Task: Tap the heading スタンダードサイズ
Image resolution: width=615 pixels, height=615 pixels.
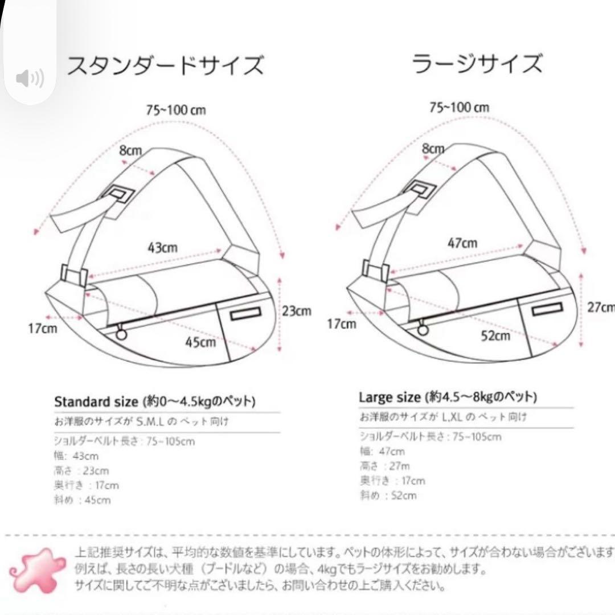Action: coord(166,65)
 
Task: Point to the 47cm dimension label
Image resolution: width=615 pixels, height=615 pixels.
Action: coord(462,243)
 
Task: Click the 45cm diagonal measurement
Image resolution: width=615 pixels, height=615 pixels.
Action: coord(200,342)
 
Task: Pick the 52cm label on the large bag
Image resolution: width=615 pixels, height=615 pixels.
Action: coord(495,336)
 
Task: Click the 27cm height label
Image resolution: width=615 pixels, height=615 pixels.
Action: coord(601,307)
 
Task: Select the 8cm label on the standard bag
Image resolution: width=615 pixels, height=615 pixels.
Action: coord(130,151)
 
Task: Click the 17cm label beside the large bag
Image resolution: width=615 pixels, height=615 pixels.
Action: coord(341,324)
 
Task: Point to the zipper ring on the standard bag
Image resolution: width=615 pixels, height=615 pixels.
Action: coord(121,335)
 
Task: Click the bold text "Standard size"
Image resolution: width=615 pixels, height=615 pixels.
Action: coord(96,401)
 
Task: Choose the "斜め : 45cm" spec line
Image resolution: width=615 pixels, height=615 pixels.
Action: coord(83,501)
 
